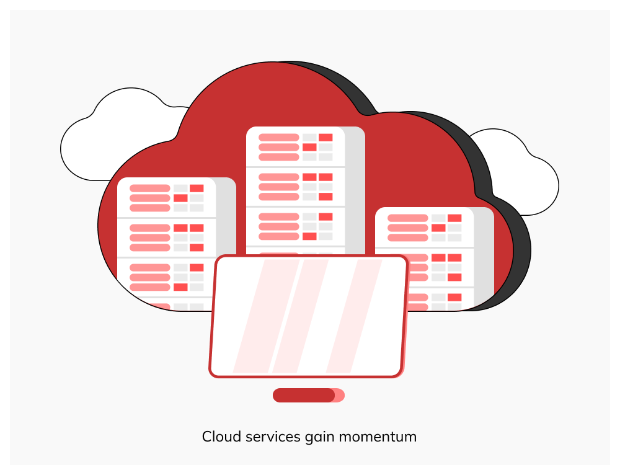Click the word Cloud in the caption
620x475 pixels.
click(x=221, y=437)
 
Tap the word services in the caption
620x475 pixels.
click(x=273, y=437)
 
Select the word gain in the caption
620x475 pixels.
click(x=320, y=438)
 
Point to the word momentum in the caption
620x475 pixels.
click(x=378, y=437)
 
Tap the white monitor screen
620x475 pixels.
click(x=308, y=316)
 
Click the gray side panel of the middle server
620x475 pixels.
click(x=355, y=190)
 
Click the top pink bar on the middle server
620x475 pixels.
click(x=279, y=137)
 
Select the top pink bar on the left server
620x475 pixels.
click(x=150, y=189)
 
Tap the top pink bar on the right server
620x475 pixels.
click(x=408, y=218)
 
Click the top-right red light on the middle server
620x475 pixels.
click(x=325, y=137)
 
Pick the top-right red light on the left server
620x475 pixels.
click(x=197, y=189)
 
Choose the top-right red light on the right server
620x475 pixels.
click(x=454, y=218)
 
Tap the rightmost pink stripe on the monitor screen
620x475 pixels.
click(x=354, y=316)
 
